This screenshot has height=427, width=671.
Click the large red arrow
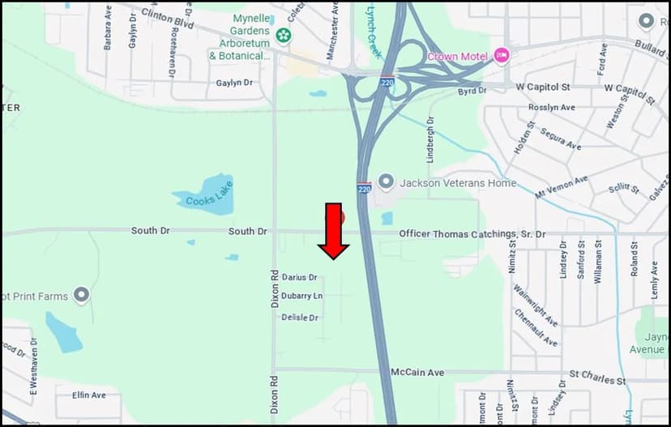333,233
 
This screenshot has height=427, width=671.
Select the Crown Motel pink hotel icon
502,56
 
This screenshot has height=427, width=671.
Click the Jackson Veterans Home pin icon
387,182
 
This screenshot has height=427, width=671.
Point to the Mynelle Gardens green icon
283,35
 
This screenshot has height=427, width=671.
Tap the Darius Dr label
299,277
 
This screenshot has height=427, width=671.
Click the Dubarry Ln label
301,296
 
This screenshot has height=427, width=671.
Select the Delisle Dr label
300,318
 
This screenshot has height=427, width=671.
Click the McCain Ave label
417,373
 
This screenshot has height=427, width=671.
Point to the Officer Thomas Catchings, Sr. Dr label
472,234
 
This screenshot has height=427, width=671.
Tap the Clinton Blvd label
168,19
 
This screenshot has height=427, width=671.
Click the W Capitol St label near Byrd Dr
543,87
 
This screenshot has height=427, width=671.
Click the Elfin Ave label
89,395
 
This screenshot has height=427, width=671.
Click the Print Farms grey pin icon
81,296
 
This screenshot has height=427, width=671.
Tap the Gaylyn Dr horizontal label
236,83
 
